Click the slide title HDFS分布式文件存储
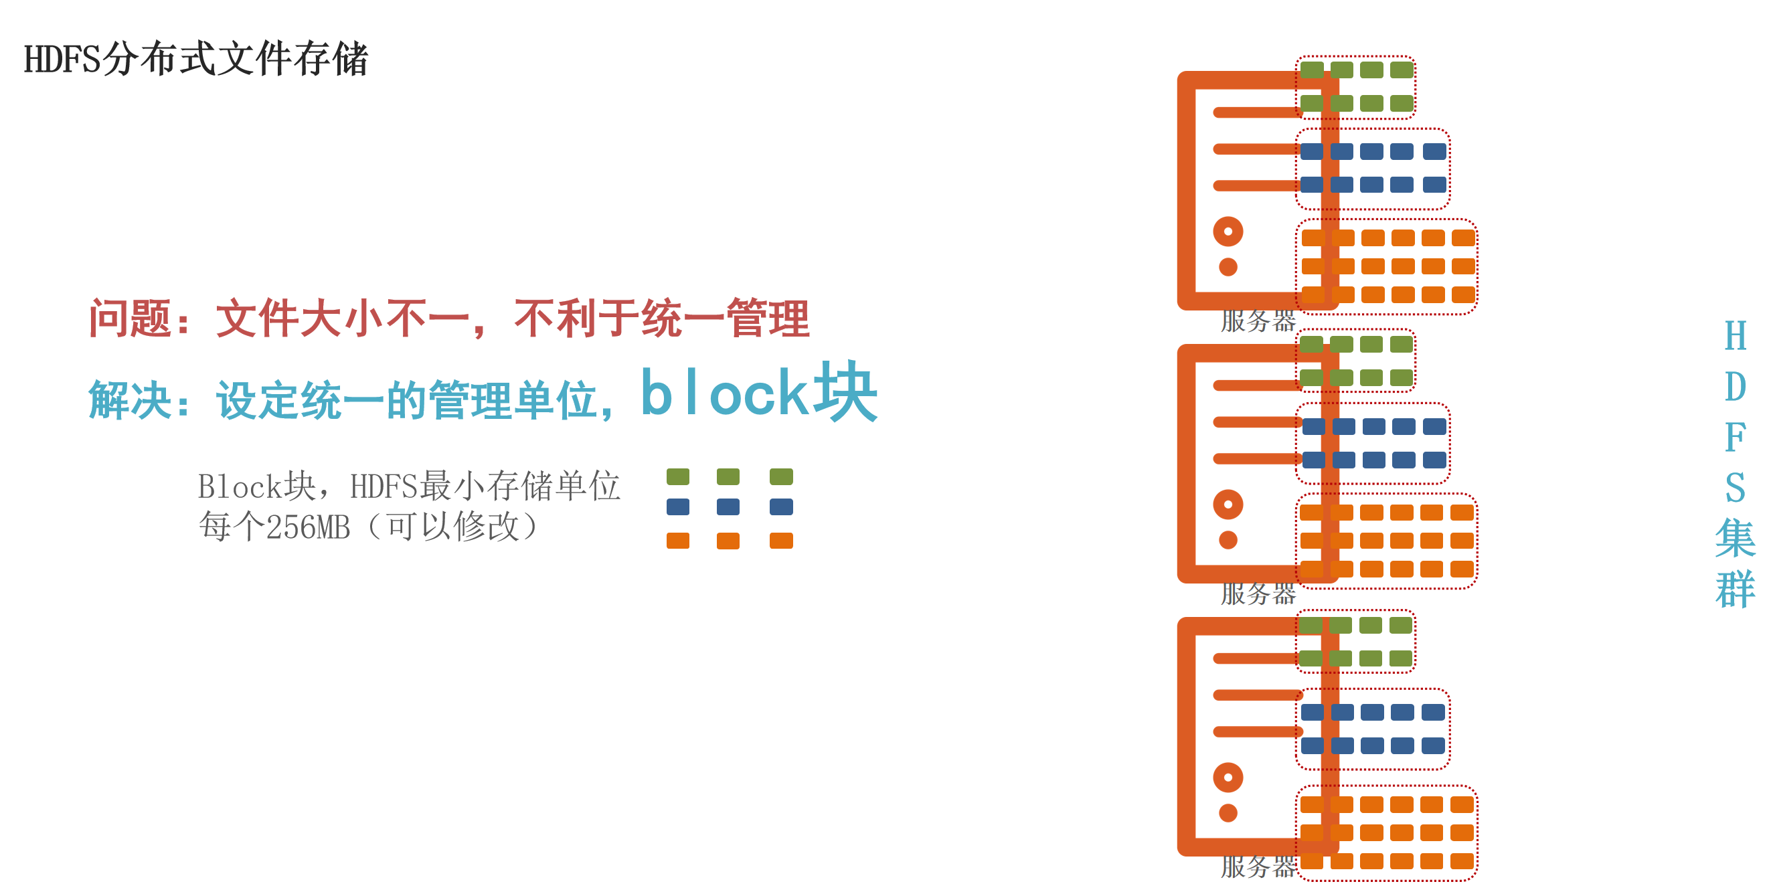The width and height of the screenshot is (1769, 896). coord(195,59)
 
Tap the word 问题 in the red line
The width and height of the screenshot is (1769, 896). coord(130,319)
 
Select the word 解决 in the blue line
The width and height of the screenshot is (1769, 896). coord(130,400)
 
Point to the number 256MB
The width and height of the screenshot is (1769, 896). coord(308,527)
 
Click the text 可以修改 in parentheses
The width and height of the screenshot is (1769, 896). coord(453,527)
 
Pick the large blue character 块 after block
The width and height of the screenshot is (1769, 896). coord(845,393)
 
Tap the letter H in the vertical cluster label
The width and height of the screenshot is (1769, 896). coord(1735,337)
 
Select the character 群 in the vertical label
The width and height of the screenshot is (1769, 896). coord(1735,589)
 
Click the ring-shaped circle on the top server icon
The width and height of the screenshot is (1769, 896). coord(1228,232)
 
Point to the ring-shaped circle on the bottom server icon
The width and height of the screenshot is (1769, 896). coord(1228,777)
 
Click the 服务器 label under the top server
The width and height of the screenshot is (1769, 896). coord(1258,321)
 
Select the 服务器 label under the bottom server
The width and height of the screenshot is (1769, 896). coord(1258,867)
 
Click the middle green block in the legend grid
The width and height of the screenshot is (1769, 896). coord(728,476)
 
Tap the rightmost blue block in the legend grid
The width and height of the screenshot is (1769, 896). coord(781,507)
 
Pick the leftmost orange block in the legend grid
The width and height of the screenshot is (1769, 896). coord(678,541)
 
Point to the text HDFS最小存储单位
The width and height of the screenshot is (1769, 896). coord(485,486)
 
